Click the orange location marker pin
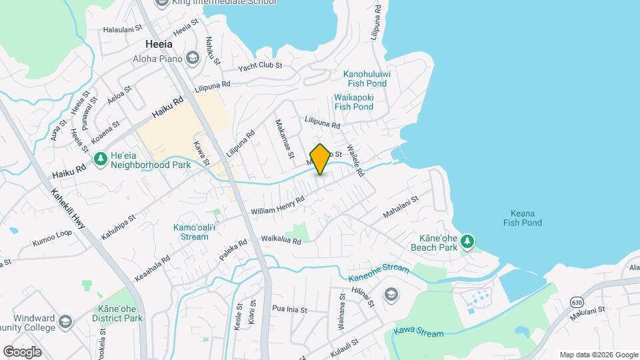[x=320, y=159]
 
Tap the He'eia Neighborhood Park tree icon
[x=101, y=159]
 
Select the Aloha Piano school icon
[x=193, y=58]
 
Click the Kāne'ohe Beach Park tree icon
[x=468, y=240]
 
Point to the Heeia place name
[x=159, y=44]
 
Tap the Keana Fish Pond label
[x=523, y=218]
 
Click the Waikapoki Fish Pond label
[x=353, y=101]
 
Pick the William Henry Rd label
[x=277, y=205]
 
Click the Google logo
[x=22, y=351]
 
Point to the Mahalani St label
[x=400, y=207]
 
